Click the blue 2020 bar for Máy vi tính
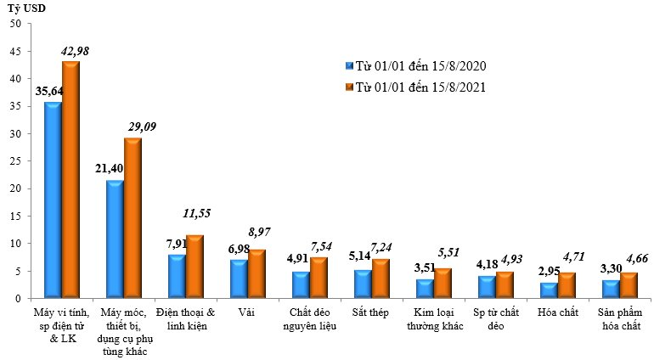[x=53, y=200]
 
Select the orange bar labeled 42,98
[x=70, y=180]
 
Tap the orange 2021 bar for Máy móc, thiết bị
[x=132, y=218]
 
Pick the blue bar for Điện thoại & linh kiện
[x=177, y=276]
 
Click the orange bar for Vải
[x=257, y=273]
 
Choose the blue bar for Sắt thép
[x=363, y=284]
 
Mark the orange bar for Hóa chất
[x=567, y=285]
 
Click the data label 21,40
[x=110, y=169]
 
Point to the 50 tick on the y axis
[x=16, y=24]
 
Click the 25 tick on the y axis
[x=16, y=161]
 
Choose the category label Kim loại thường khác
[x=433, y=321]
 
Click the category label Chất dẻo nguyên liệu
[x=309, y=321]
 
